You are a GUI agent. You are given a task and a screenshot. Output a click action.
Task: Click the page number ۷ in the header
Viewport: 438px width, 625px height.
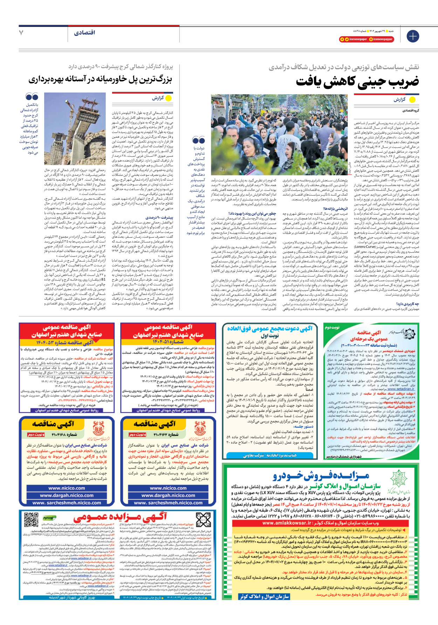[x=21, y=33]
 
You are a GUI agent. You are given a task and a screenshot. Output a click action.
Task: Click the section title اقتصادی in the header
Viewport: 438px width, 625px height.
[x=84, y=33]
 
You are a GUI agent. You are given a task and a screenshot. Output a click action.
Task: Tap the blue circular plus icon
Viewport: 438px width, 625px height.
[x=412, y=36]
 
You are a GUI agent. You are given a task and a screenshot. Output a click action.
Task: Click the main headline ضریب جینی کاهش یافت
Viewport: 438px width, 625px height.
[x=357, y=81]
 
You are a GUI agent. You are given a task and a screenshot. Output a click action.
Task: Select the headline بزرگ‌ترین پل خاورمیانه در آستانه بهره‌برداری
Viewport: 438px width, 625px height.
[x=100, y=79]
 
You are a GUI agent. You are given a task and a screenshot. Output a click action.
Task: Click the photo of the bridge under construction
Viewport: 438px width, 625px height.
[x=75, y=128]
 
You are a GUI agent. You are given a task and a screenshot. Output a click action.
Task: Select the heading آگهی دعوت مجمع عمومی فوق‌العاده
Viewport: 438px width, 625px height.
[x=270, y=328]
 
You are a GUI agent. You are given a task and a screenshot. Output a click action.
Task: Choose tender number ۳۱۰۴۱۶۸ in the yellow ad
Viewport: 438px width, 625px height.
[x=64, y=435]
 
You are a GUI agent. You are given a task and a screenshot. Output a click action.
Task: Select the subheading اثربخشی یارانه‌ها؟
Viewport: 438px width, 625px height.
[x=335, y=209]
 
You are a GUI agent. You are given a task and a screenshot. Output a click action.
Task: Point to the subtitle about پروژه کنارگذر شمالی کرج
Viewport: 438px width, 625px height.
[x=121, y=67]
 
